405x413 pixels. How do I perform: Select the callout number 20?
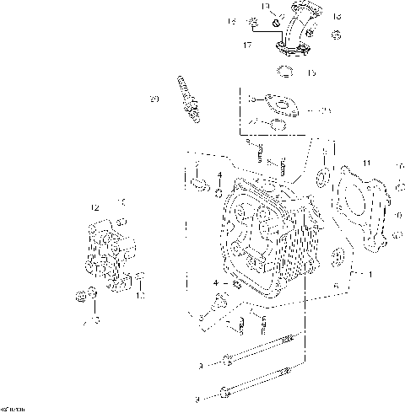pos(154,99)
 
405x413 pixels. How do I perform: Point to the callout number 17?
pos(247,43)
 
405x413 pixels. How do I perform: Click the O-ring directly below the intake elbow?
pos(285,70)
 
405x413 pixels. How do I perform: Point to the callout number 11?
pos(366,162)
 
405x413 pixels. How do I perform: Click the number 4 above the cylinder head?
pos(219,174)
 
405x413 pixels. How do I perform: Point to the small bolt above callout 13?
pos(140,278)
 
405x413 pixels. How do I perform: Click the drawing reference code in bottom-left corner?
pos(12,409)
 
